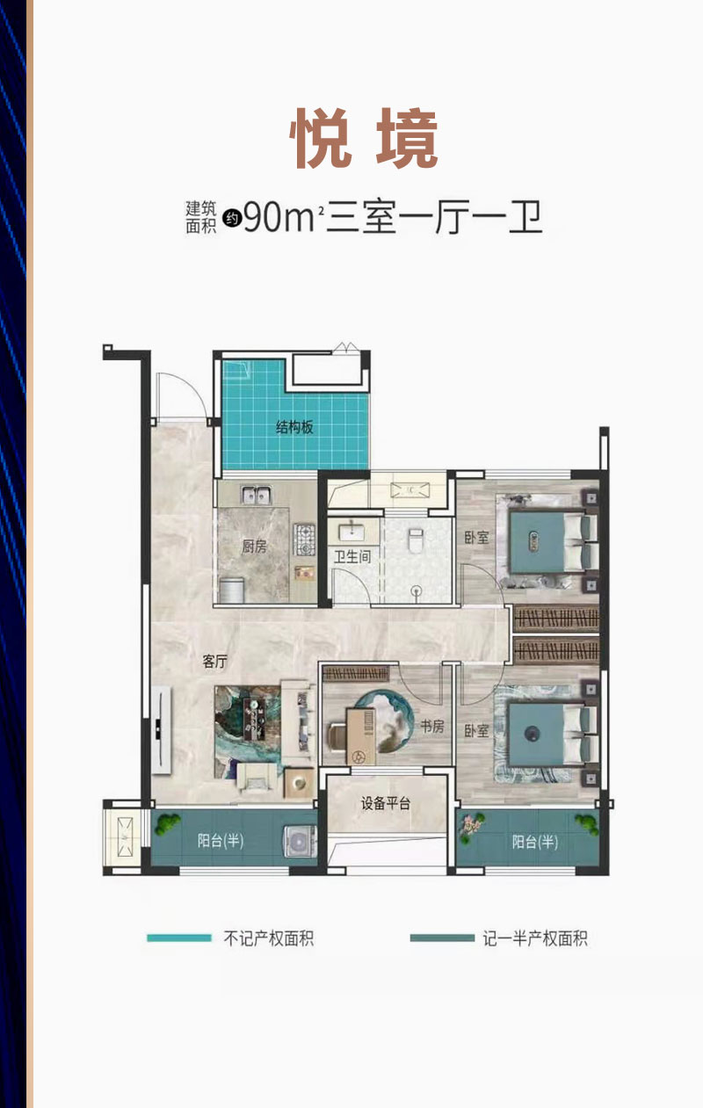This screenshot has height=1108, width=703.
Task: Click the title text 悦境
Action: (x=364, y=138)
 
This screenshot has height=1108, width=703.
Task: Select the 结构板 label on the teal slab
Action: (x=295, y=427)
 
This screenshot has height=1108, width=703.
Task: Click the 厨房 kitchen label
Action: (x=254, y=547)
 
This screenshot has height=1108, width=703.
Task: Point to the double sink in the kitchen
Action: (x=257, y=495)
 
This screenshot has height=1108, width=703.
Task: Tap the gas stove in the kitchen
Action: (x=304, y=540)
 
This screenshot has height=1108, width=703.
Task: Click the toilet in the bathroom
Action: (x=416, y=540)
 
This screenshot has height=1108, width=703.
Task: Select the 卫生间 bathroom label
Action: (x=352, y=556)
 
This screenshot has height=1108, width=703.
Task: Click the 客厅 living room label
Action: (x=214, y=662)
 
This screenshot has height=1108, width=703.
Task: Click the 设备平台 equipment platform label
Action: (x=386, y=803)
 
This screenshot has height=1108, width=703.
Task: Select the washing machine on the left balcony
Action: (x=300, y=840)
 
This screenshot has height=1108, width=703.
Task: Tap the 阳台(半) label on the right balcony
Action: (x=535, y=842)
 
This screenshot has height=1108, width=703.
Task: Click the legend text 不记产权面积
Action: (x=269, y=938)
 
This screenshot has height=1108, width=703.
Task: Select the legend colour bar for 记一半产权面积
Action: (x=442, y=938)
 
